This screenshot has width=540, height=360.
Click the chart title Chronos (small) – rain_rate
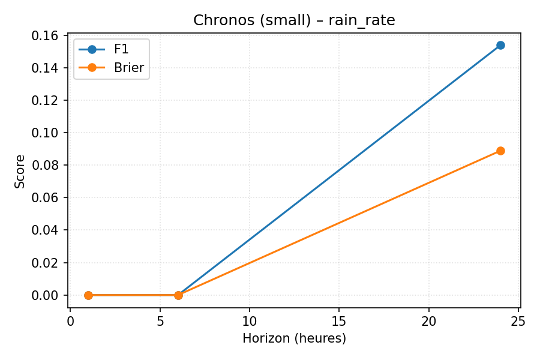click(x=294, y=20)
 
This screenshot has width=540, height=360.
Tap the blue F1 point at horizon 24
click(x=500, y=45)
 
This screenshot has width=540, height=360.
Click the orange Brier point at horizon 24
click(x=500, y=151)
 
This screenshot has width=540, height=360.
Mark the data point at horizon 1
click(x=88, y=295)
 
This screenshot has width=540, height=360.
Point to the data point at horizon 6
click(x=178, y=295)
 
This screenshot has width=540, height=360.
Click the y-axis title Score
click(x=20, y=172)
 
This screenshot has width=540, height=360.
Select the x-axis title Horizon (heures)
click(x=294, y=338)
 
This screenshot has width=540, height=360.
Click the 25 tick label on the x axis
click(x=518, y=321)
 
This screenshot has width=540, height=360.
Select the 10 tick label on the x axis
click(x=250, y=321)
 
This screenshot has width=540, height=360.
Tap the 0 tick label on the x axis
click(x=70, y=321)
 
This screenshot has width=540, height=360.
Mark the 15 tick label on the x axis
click(x=339, y=321)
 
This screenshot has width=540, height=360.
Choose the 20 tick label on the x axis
click(x=429, y=321)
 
